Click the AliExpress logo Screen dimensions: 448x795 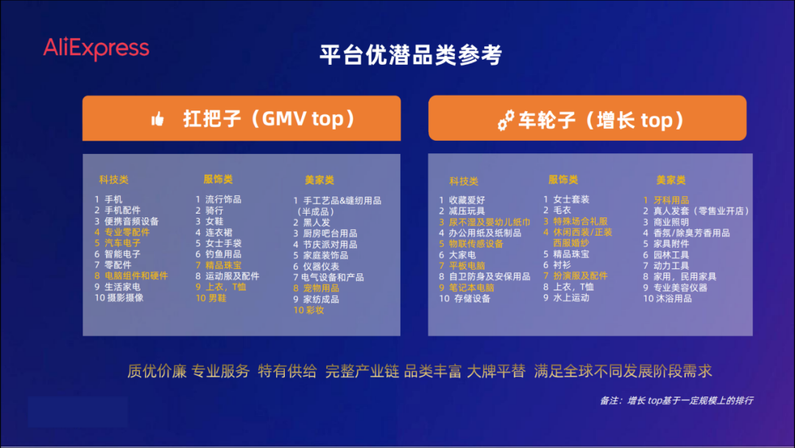click(96, 49)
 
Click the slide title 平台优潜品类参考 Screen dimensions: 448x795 click(411, 55)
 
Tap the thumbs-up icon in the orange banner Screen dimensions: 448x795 click(158, 119)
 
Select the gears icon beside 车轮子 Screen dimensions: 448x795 click(506, 120)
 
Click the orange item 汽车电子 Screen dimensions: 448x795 click(122, 243)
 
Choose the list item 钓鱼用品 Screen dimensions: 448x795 click(223, 254)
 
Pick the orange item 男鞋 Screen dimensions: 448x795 click(216, 298)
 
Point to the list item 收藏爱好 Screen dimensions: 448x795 click(467, 200)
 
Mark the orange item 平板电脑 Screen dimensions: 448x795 click(467, 265)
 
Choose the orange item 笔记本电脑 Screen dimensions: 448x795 click(472, 287)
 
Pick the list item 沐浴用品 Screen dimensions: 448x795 click(673, 298)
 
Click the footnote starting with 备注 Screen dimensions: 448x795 click(676, 400)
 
